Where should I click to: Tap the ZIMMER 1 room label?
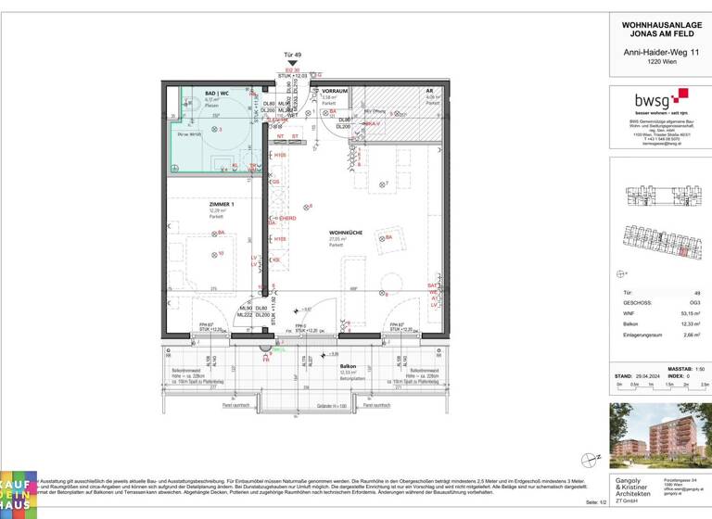[x=196, y=204]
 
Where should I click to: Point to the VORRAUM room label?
[x=335, y=91]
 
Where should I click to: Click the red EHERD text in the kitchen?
[x=274, y=218]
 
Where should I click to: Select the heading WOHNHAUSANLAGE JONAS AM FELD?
[x=660, y=28]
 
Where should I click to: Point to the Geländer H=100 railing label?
[x=329, y=406]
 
